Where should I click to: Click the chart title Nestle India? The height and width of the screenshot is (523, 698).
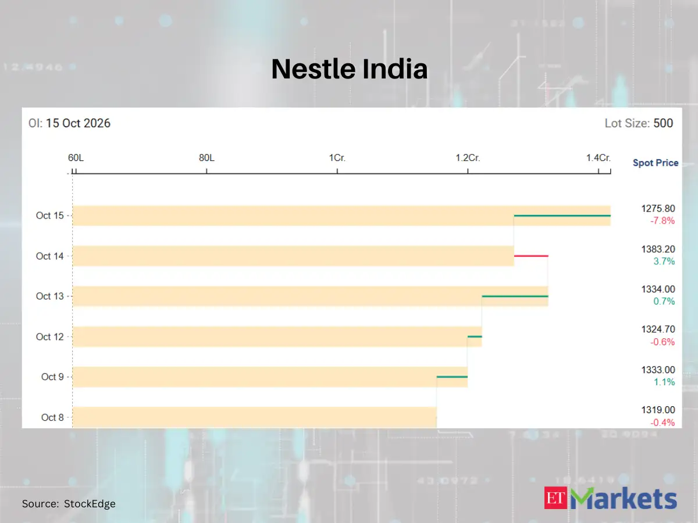(x=349, y=69)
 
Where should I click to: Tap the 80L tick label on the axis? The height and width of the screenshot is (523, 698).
(x=206, y=158)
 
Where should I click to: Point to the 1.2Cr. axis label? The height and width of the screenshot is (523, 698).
(x=468, y=158)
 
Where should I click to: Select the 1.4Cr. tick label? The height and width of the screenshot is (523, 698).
(x=599, y=158)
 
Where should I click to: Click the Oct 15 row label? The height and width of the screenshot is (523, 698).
(x=50, y=216)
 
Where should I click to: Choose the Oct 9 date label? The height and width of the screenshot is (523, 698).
(x=52, y=377)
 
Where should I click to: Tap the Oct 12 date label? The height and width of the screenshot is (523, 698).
(x=50, y=336)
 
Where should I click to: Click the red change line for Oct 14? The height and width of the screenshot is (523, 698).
(x=531, y=256)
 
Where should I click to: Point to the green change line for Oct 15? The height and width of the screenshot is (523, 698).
(x=562, y=216)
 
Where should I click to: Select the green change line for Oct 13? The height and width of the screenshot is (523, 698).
(x=515, y=296)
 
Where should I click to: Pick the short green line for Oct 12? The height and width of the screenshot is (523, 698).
(x=475, y=336)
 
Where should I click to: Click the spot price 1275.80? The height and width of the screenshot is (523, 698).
(x=658, y=209)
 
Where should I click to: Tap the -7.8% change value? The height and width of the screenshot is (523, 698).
(x=663, y=221)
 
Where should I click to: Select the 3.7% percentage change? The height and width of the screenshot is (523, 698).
(x=664, y=261)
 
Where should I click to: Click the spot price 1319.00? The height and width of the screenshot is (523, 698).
(x=658, y=410)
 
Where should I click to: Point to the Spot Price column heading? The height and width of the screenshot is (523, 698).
(x=656, y=163)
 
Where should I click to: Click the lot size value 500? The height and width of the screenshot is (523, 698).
(x=663, y=123)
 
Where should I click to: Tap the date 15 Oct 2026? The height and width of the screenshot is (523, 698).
(x=78, y=123)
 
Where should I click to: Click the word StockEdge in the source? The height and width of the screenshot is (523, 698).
(x=90, y=504)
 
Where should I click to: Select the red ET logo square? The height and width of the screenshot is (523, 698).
(x=555, y=497)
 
